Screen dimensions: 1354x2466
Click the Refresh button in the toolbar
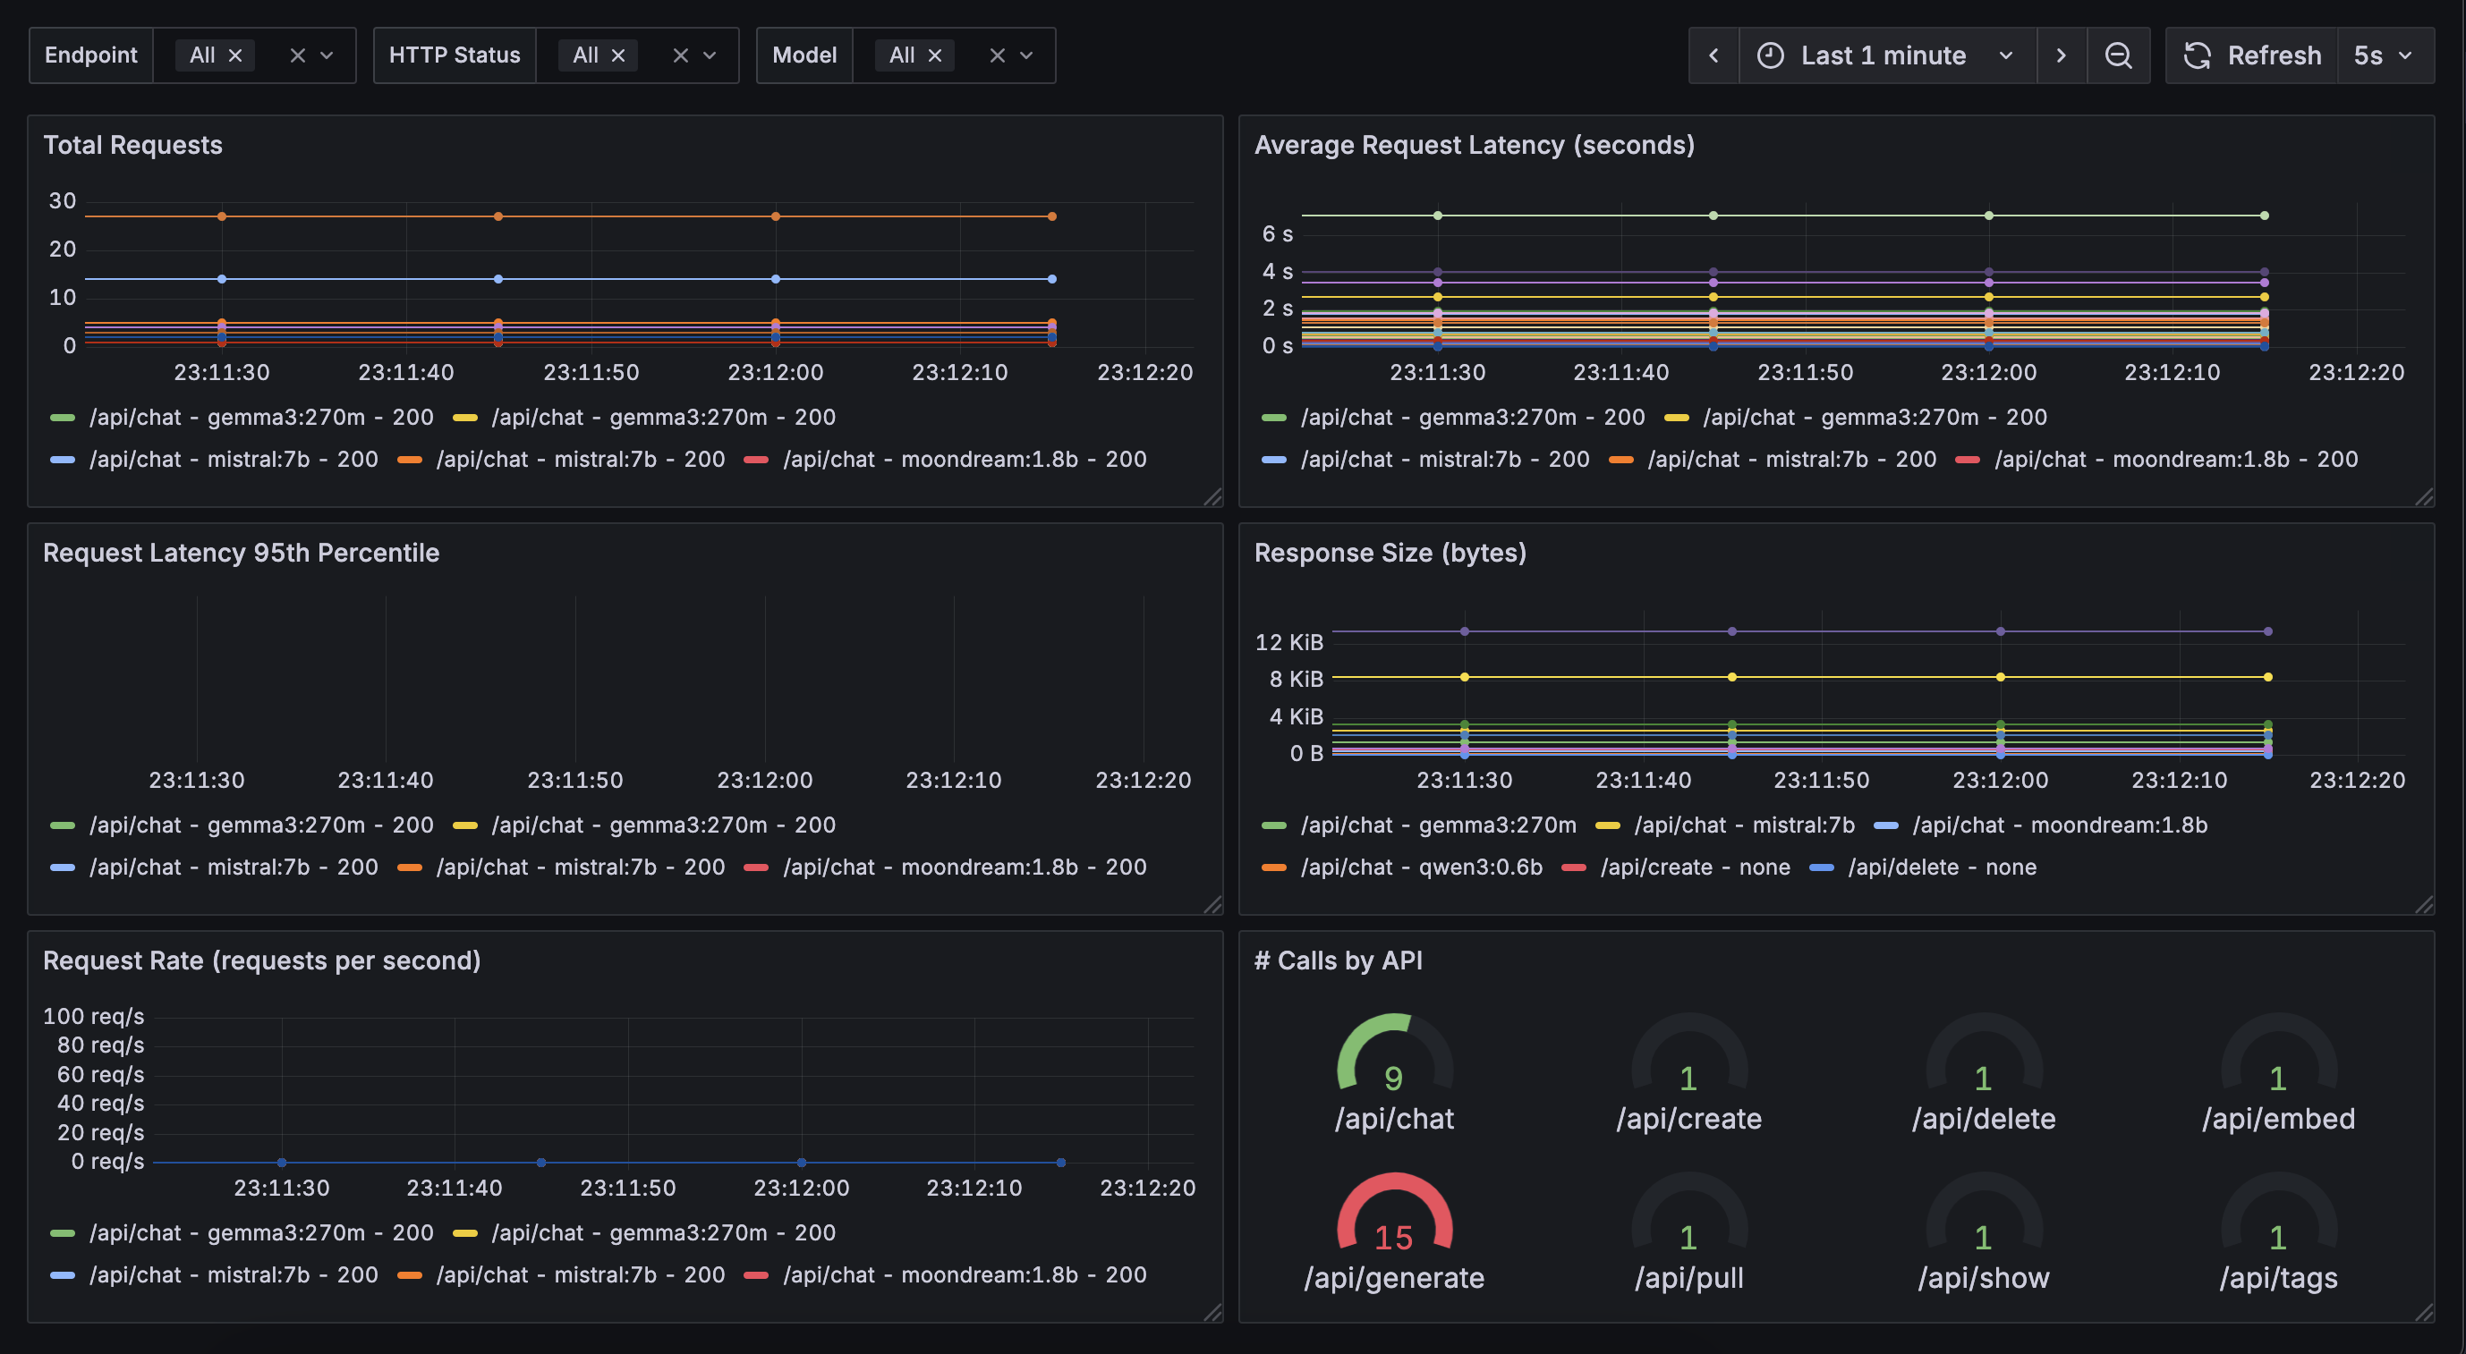point(2252,55)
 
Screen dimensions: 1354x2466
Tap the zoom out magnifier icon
point(2118,55)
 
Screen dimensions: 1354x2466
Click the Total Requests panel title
point(133,146)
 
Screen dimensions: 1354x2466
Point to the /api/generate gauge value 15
point(1394,1239)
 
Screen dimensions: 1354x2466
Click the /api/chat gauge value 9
point(1394,1079)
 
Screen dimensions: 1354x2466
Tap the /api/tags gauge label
point(2278,1278)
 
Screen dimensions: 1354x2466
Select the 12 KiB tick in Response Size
point(1288,642)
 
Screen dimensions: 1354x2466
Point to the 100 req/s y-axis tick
point(94,1016)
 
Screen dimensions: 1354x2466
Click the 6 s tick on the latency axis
point(1277,234)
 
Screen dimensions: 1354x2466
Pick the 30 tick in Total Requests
point(63,201)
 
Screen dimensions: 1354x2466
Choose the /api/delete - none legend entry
point(1942,867)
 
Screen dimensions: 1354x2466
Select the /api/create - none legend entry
point(1695,867)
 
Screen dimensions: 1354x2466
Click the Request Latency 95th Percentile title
point(242,553)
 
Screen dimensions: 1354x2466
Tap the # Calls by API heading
point(1339,960)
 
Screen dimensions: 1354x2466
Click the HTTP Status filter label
point(455,55)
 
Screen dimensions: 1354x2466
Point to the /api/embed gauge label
point(2278,1119)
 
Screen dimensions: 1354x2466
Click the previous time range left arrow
point(1713,55)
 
